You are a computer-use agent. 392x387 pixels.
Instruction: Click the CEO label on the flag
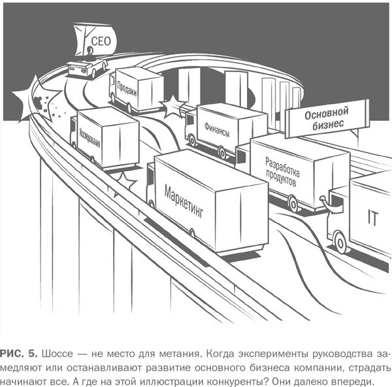pyautogui.click(x=101, y=41)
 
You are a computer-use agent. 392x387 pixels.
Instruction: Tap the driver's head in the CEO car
pyautogui.click(x=90, y=51)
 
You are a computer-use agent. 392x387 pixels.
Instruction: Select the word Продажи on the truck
pyautogui.click(x=127, y=89)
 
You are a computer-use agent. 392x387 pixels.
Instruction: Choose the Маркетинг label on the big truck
pyautogui.click(x=184, y=201)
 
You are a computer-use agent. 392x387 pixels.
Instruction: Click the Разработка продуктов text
pyautogui.click(x=282, y=172)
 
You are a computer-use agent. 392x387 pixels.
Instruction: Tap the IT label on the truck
pyautogui.click(x=372, y=218)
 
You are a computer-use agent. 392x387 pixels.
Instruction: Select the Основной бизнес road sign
pyautogui.click(x=327, y=118)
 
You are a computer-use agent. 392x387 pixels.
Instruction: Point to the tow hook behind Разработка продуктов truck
pyautogui.click(x=325, y=201)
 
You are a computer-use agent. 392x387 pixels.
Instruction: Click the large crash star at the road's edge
pyautogui.click(x=35, y=99)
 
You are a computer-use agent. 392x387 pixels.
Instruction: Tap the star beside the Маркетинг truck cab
pyautogui.click(x=124, y=182)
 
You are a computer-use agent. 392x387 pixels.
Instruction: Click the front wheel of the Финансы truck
pyautogui.click(x=191, y=140)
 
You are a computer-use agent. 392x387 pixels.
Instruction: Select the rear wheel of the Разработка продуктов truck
pyautogui.click(x=293, y=203)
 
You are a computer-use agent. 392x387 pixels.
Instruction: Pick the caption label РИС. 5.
pyautogui.click(x=19, y=354)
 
